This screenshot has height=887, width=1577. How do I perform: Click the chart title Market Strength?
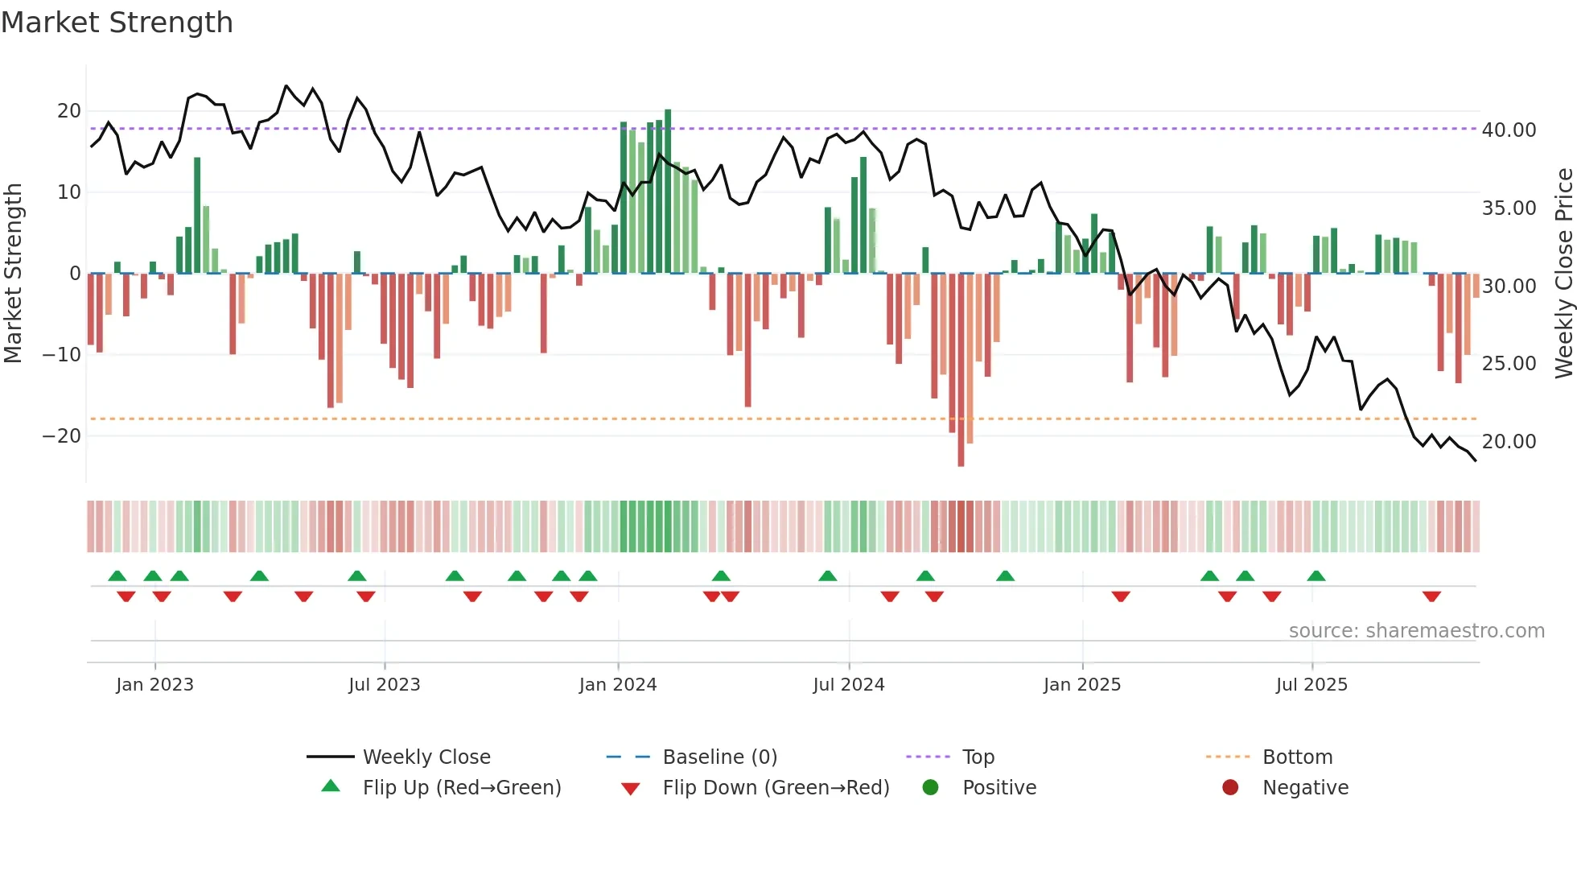[x=117, y=23]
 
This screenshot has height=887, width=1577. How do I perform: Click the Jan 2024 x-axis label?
[x=617, y=685]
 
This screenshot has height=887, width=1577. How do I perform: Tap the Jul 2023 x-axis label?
[x=384, y=685]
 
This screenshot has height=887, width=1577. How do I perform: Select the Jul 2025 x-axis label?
[x=1311, y=685]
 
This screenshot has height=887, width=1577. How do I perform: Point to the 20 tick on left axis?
[x=69, y=111]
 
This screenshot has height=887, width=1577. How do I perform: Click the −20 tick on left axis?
[x=62, y=436]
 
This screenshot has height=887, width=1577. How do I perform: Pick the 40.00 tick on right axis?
[x=1509, y=130]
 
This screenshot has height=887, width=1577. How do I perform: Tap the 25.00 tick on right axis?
[x=1509, y=364]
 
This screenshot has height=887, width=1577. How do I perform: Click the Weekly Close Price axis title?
[x=1563, y=274]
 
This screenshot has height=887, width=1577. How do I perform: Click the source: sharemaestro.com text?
[x=1416, y=631]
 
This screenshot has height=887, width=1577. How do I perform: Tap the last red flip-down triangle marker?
[x=1431, y=596]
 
